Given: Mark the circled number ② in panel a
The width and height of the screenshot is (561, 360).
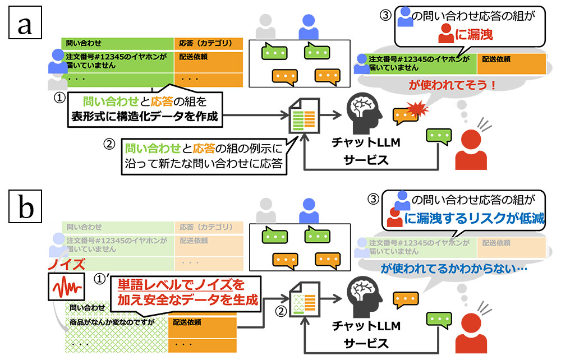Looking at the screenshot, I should point(109,144).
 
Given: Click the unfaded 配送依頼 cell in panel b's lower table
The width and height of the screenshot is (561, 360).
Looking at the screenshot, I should point(187,323).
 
